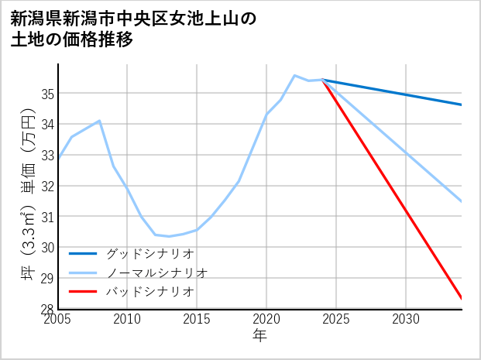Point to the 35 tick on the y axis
(48, 94)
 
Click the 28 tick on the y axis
(48, 309)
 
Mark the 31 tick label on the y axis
(48, 217)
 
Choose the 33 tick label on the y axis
(48, 155)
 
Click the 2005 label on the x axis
(58, 319)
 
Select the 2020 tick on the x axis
(266, 319)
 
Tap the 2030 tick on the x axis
(406, 319)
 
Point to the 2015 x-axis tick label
(197, 319)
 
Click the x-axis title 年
(259, 335)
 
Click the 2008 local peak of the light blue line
(100, 121)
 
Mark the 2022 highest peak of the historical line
(294, 75)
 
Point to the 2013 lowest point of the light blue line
(169, 236)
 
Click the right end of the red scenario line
(462, 298)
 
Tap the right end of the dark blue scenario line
(462, 105)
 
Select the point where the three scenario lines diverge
(322, 80)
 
